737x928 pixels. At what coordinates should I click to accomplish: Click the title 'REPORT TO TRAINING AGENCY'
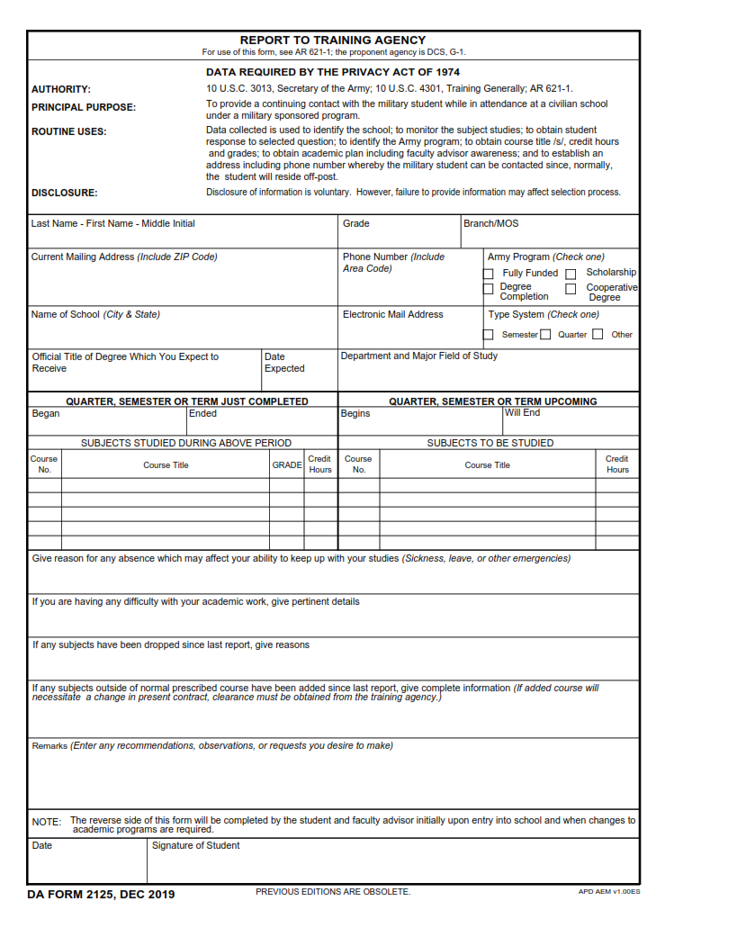click(x=332, y=40)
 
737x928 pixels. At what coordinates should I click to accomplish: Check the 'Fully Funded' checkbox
click(x=489, y=274)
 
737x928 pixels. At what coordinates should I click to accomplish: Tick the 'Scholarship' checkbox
click(x=571, y=274)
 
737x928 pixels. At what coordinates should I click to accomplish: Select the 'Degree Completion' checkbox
click(x=489, y=289)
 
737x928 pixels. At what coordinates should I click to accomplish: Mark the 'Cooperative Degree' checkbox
click(x=571, y=289)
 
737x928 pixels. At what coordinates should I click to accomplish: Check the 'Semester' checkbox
click(x=489, y=335)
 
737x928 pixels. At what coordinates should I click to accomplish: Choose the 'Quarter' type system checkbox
click(x=545, y=335)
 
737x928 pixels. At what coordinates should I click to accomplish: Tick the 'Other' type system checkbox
click(x=598, y=335)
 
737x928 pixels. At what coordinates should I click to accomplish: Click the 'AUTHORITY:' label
click(x=61, y=89)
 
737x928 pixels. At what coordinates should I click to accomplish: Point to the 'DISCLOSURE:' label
click(x=64, y=193)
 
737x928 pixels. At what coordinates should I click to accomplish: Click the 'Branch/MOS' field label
click(x=490, y=223)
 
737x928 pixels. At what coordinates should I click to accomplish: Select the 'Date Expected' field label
click(x=284, y=363)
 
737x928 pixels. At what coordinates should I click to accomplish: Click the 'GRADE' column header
click(x=286, y=465)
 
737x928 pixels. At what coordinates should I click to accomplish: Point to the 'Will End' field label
click(x=522, y=413)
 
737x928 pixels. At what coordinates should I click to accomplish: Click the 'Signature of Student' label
click(x=195, y=845)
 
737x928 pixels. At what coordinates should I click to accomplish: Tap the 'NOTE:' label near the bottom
click(x=47, y=822)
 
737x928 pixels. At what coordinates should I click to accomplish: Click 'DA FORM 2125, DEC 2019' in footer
click(x=101, y=894)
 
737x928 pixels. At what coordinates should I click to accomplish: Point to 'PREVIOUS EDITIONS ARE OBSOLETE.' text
click(x=333, y=892)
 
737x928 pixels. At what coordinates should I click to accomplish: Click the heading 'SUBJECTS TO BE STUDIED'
click(x=490, y=443)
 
